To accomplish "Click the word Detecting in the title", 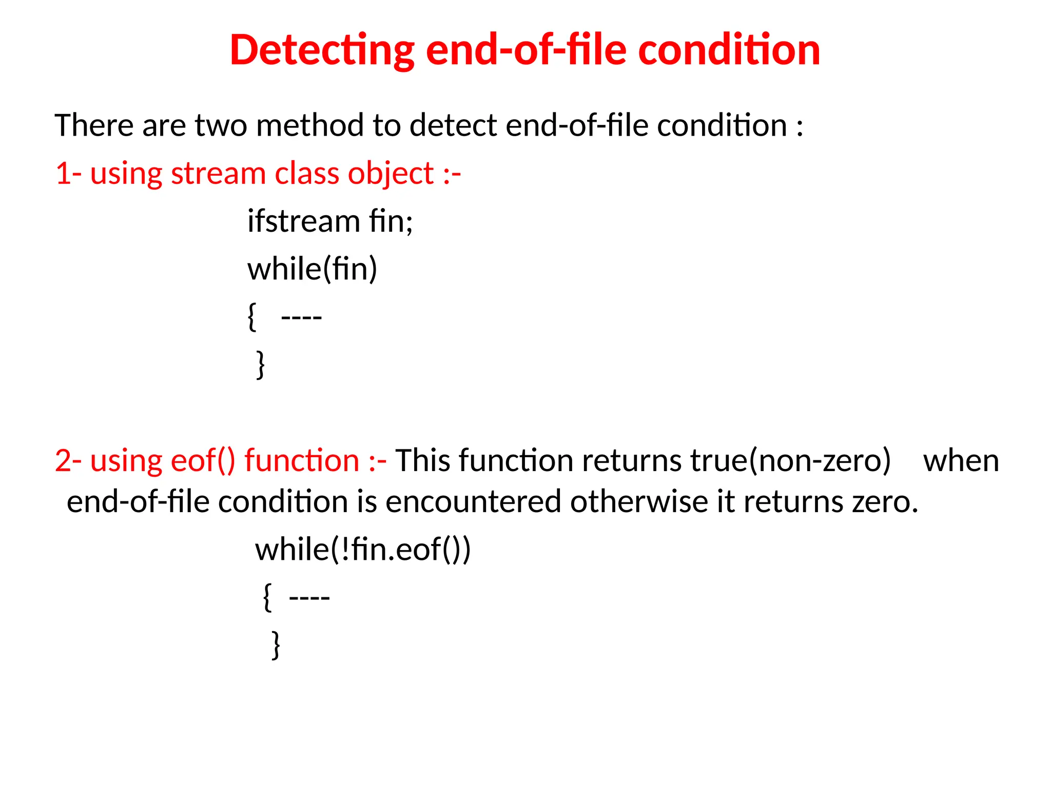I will coord(322,50).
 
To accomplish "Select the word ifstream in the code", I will coord(303,221).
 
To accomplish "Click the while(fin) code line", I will coord(312,269).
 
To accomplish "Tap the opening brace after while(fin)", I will coord(251,317).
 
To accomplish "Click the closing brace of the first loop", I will coord(261,364).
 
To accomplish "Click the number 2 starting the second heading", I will coord(63,461).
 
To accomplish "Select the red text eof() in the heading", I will coord(203,461).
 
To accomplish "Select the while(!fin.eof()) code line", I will coord(363,550).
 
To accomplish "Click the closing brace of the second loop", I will coord(276,645).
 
